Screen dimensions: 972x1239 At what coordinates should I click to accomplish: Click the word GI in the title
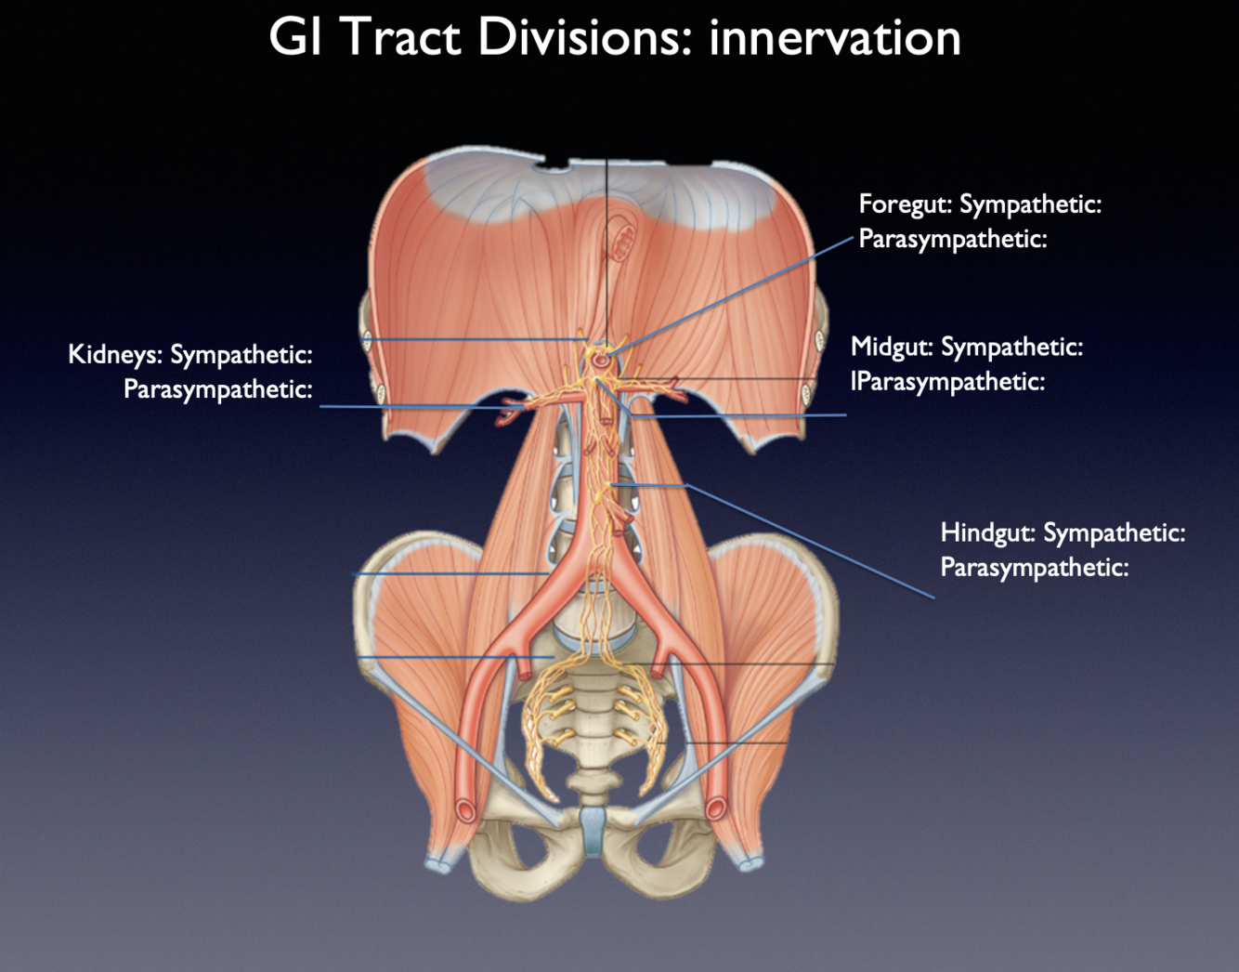pos(294,38)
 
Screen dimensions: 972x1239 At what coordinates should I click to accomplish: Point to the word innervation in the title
pos(834,38)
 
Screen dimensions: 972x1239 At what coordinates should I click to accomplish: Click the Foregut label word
pos(905,204)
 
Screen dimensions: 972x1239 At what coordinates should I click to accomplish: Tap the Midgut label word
pos(892,348)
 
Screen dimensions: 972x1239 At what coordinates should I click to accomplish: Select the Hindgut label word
pos(987,533)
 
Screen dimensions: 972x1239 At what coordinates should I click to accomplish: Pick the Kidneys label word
pos(115,355)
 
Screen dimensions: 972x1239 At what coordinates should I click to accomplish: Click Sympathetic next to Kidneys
pos(241,355)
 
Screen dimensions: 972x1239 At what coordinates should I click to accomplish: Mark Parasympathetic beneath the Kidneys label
pos(217,389)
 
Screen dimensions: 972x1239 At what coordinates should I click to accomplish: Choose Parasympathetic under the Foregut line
pos(952,239)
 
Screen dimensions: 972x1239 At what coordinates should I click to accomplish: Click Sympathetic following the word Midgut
pos(1011,348)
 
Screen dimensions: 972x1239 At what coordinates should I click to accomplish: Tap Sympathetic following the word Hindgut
pos(1114,533)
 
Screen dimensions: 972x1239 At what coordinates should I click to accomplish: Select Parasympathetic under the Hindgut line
pos(1034,568)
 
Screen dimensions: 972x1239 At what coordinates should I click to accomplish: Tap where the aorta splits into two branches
pos(579,584)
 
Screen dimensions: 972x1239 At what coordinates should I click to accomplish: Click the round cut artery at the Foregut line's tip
pos(603,358)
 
